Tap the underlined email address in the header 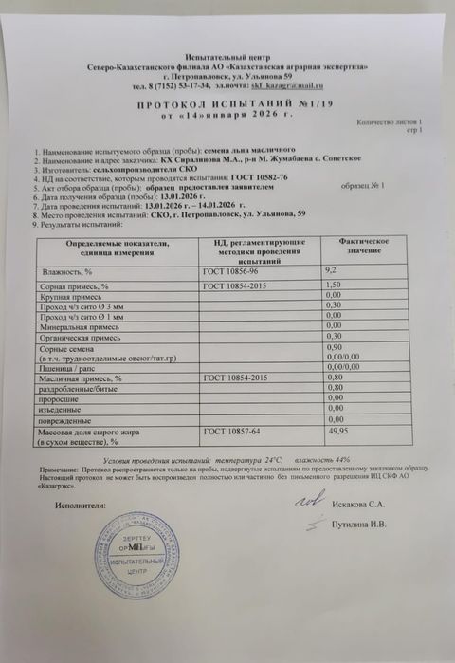(x=293, y=87)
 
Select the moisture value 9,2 (x=332, y=270)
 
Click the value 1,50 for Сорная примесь (x=333, y=285)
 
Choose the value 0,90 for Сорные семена (x=333, y=348)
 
